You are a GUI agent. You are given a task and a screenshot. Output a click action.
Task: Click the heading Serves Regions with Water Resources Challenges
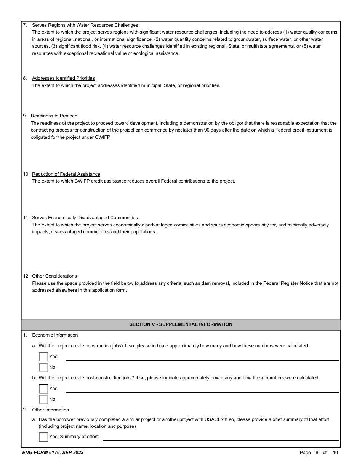(x=85, y=25)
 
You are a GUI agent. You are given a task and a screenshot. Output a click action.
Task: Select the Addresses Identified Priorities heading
(x=63, y=78)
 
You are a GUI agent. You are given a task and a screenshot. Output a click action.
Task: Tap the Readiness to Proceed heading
(x=54, y=116)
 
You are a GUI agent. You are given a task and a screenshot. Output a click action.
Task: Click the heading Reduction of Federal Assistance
(x=66, y=174)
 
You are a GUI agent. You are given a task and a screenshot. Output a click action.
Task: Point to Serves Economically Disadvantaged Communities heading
(x=85, y=218)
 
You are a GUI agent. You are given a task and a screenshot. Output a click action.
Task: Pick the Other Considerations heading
(x=54, y=276)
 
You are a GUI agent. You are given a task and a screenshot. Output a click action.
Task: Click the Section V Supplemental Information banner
(x=181, y=324)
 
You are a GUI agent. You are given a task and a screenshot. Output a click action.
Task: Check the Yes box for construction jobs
(x=43, y=357)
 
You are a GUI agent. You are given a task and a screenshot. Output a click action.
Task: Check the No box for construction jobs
(x=43, y=368)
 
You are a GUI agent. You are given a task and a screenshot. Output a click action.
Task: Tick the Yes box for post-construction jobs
(x=43, y=389)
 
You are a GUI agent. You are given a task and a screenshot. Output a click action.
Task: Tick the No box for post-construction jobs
(x=43, y=400)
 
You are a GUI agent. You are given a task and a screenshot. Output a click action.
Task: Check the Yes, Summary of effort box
(x=43, y=437)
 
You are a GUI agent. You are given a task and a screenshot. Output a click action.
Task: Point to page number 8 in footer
(x=317, y=453)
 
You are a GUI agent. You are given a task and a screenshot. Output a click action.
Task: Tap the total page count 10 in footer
(x=335, y=453)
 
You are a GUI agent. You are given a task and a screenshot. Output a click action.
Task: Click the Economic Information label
(x=55, y=335)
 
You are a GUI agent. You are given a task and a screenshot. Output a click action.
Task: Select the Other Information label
(x=50, y=410)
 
